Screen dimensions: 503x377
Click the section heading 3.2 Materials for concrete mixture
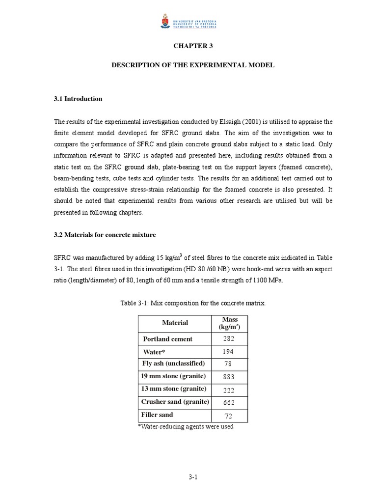tap(105, 235)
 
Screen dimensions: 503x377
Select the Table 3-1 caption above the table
tap(193, 303)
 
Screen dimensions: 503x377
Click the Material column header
tap(175, 323)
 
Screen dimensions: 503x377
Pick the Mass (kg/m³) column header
tap(229, 323)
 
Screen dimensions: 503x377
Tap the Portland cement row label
tap(167, 339)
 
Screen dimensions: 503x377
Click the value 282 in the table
tap(229, 339)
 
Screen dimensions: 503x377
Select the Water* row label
tap(153, 352)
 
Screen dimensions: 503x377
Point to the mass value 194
tap(229, 352)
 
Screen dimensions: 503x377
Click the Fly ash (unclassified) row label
tap(173, 364)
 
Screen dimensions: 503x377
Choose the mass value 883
tap(229, 377)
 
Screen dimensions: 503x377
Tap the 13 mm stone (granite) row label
tap(173, 389)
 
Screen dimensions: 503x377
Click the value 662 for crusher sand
tap(229, 402)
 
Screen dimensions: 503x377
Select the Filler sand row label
tap(157, 415)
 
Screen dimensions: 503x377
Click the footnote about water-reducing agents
tap(186, 426)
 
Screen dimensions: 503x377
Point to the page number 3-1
tap(192, 477)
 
